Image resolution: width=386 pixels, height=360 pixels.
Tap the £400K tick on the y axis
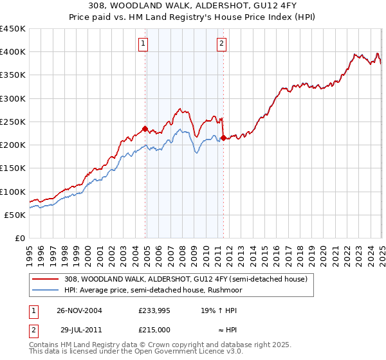(13, 52)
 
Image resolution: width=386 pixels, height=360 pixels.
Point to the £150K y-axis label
(13, 168)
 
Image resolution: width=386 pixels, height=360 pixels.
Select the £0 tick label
(20, 239)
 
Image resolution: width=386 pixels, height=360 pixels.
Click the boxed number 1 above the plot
(142, 44)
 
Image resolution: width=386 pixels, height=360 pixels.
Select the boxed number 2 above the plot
(221, 44)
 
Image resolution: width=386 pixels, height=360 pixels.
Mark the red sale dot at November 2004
(145, 129)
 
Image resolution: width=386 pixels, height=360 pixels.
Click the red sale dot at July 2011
(223, 138)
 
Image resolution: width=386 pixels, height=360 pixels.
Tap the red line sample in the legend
(45, 279)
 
